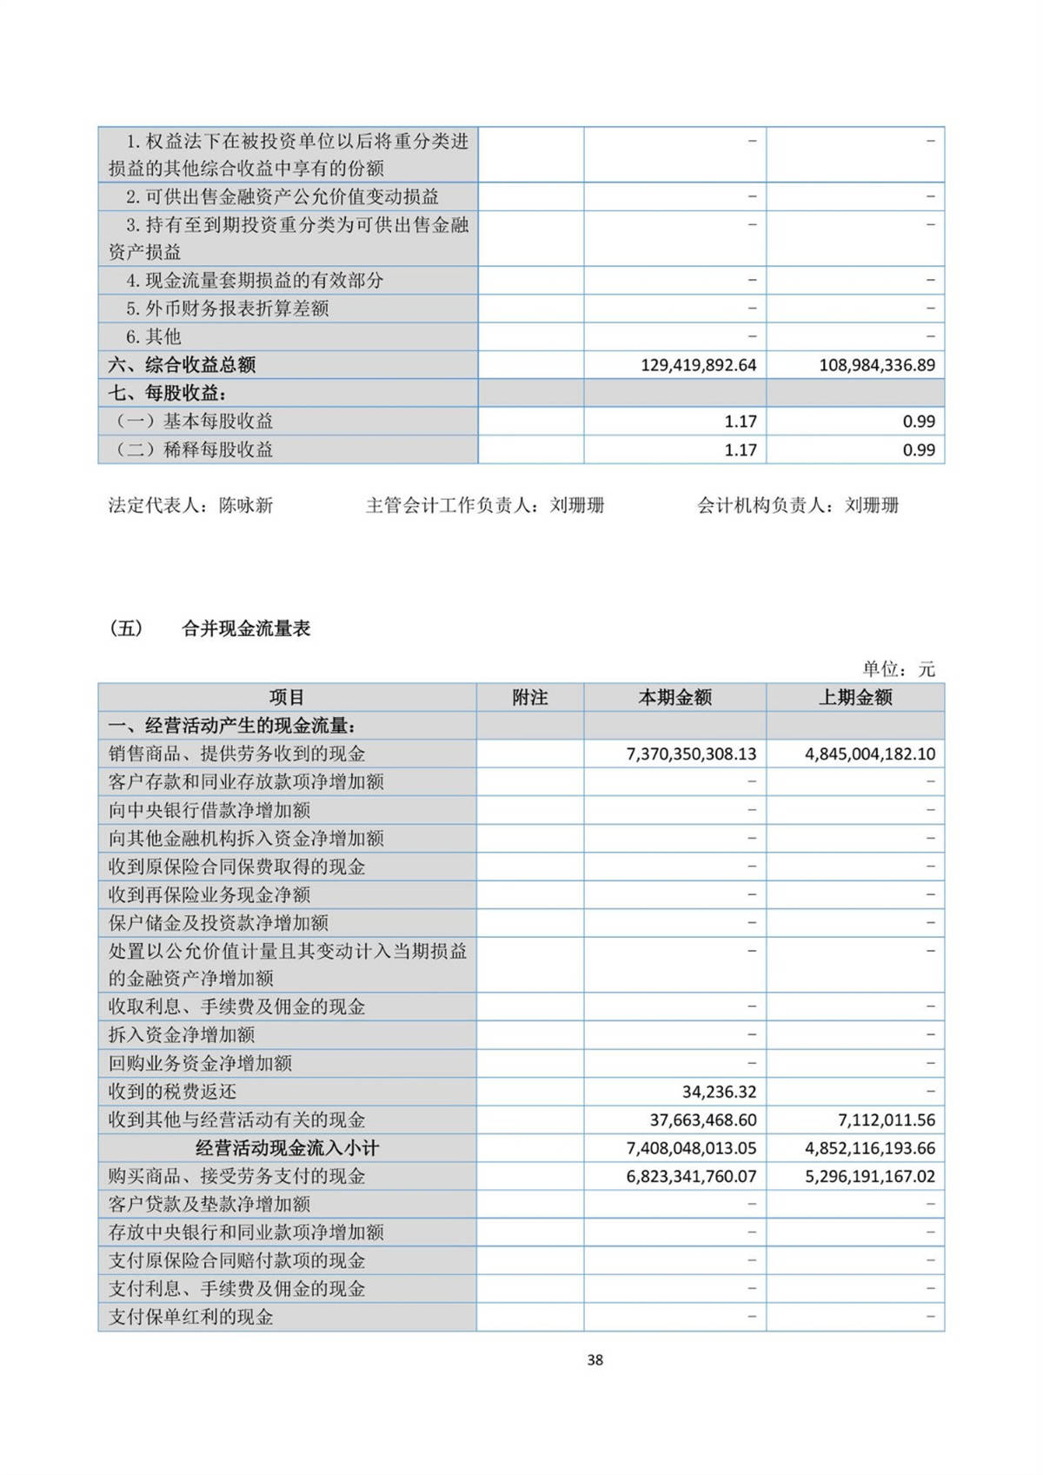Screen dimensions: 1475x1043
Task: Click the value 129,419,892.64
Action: tap(698, 365)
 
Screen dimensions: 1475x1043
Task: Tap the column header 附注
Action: tap(530, 698)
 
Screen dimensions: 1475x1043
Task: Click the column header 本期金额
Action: tap(674, 698)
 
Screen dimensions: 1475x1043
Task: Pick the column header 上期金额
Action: tap(855, 698)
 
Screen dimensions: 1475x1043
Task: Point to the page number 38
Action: tap(595, 1359)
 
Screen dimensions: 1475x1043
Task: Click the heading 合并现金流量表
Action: tap(246, 629)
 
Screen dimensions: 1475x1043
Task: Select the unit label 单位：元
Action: tap(899, 669)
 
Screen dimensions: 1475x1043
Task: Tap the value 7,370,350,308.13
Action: tap(691, 754)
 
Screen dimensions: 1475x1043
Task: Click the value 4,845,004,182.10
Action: tap(869, 754)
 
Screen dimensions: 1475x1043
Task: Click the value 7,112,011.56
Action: tap(880, 1120)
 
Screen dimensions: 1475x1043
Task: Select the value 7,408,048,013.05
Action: tap(691, 1148)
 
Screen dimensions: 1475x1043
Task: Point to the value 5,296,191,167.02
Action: tap(869, 1177)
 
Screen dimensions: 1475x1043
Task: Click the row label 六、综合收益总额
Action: tap(182, 365)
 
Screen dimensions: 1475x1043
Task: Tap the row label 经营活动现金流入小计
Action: tap(287, 1148)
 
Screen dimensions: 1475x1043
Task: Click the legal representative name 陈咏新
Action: tap(246, 506)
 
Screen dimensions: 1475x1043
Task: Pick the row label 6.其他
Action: tap(153, 337)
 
